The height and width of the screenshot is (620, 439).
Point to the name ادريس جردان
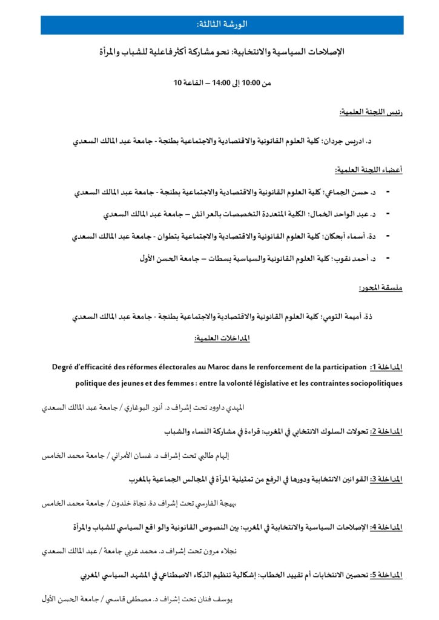pos(354,141)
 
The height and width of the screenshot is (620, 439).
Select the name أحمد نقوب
pos(348,259)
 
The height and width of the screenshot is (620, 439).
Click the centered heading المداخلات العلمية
pos(222,337)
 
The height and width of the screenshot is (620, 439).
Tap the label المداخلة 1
pos(386,368)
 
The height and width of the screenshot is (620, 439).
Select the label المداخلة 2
pos(386,431)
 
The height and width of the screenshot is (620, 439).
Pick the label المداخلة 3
pos(386,479)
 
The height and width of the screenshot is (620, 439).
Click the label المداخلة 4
pos(386,527)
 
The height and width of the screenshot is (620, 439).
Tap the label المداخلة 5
pos(386,575)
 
